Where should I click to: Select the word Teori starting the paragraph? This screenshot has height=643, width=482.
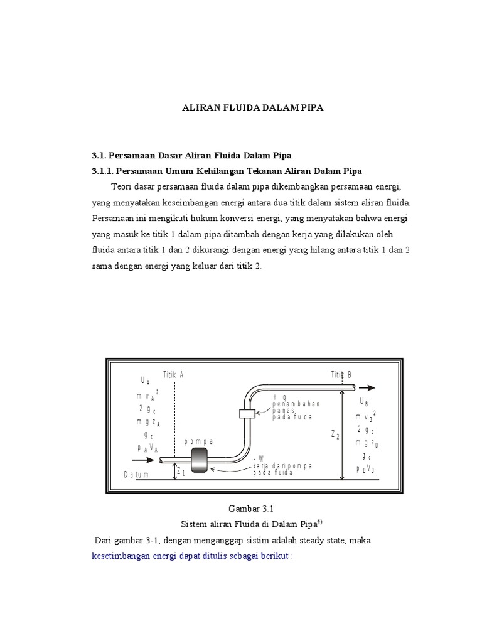(x=122, y=187)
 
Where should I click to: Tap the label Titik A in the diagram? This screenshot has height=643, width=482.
(x=173, y=375)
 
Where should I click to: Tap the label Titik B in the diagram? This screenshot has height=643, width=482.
(x=341, y=375)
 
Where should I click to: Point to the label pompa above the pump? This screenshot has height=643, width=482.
(x=199, y=441)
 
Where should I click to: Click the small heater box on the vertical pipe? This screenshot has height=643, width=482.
(x=246, y=413)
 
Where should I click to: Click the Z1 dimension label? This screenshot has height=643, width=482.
(x=181, y=472)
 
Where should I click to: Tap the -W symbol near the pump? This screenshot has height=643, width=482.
(x=258, y=459)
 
